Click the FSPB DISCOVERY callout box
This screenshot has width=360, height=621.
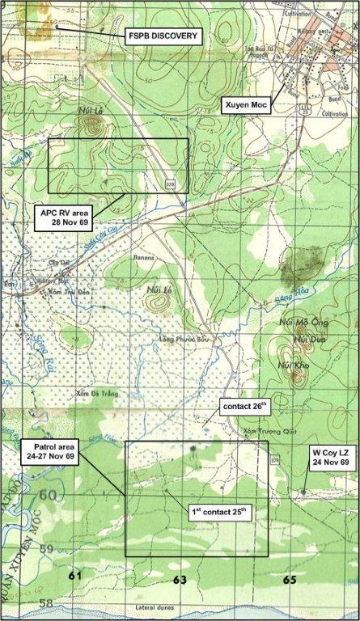point(163,36)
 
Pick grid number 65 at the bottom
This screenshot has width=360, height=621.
point(290,580)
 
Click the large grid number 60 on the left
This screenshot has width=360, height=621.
point(48,495)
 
